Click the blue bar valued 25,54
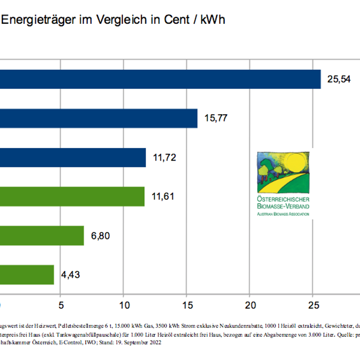(x=160, y=79)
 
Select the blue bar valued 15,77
(x=99, y=118)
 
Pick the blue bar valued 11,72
(x=72, y=157)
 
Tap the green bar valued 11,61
(x=72, y=197)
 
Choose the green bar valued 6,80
(x=42, y=236)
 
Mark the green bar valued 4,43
(x=27, y=274)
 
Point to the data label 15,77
(x=216, y=119)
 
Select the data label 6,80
(x=100, y=236)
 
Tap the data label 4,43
(x=71, y=275)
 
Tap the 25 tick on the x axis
(x=313, y=305)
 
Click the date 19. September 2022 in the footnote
(x=136, y=342)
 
